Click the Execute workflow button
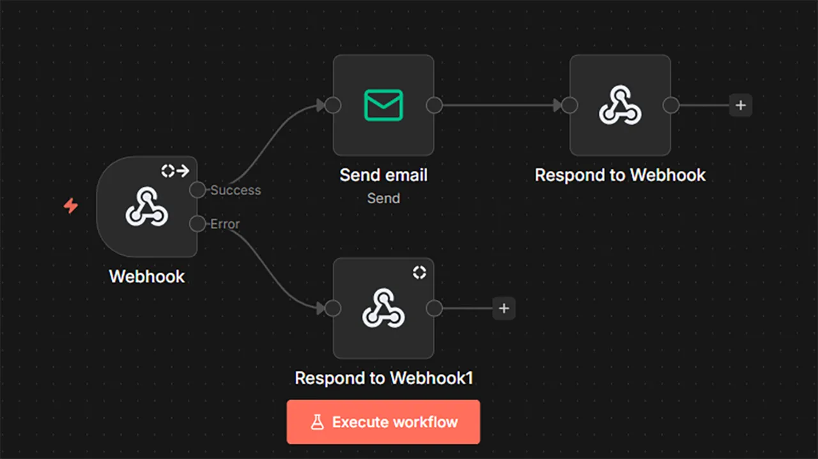pos(383,422)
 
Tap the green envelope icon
pos(383,105)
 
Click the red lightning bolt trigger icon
pos(70,206)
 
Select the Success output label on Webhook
pos(236,190)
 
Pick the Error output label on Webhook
pos(225,224)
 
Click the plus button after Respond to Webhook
pos(741,105)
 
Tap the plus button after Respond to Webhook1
pos(504,309)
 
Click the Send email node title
pos(383,175)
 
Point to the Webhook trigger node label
pos(146,277)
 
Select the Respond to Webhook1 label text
pos(383,378)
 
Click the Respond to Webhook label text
pos(620,175)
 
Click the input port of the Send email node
pos(332,105)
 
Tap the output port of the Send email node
pos(435,105)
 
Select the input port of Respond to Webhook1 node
pos(332,309)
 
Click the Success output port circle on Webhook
pos(197,190)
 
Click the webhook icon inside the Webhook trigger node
pos(146,206)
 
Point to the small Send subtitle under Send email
pos(383,198)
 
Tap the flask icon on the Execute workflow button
pos(317,422)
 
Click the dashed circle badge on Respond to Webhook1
pos(419,272)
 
